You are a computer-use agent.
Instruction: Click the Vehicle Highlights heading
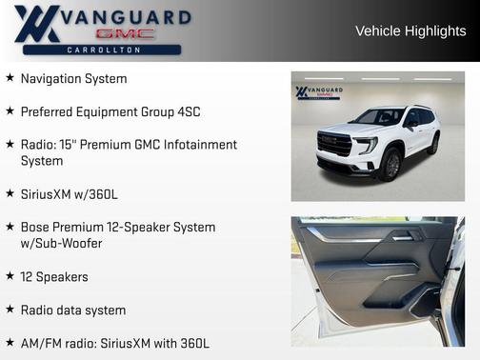[x=410, y=31]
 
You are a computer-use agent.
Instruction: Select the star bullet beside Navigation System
[x=10, y=78]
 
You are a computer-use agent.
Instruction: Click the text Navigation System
[x=73, y=79]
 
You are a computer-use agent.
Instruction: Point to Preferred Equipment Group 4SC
[x=110, y=111]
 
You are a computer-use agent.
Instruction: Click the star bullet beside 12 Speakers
[x=10, y=276]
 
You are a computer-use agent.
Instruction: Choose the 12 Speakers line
[x=54, y=277]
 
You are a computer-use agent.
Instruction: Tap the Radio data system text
[x=72, y=310]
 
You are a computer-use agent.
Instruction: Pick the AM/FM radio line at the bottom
[x=114, y=343]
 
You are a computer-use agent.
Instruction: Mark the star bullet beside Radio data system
[x=10, y=310]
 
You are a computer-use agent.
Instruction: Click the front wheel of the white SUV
[x=390, y=165]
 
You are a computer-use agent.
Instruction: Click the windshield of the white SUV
[x=378, y=117]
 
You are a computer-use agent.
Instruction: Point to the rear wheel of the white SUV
[x=434, y=144]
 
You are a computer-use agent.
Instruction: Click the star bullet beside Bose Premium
[x=10, y=228]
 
